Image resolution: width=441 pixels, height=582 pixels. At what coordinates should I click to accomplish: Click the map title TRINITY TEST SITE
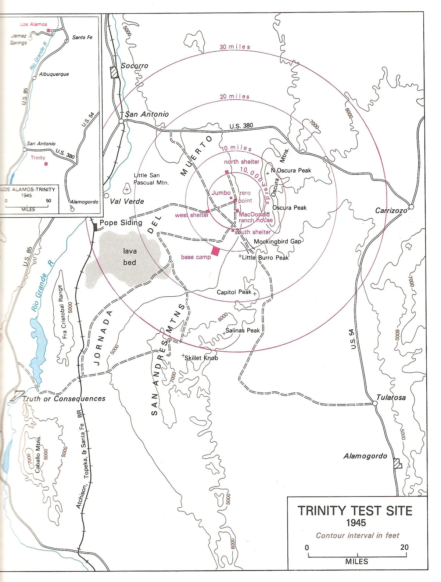[355, 511]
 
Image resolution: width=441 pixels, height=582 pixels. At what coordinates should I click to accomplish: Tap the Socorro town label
[135, 66]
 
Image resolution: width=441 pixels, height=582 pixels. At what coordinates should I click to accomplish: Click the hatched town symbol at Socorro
[115, 72]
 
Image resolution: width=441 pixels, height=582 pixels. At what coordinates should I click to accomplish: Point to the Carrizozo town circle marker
[412, 207]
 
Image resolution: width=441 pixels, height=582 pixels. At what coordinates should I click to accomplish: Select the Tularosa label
[391, 397]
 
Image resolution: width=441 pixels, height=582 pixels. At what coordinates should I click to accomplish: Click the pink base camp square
[215, 251]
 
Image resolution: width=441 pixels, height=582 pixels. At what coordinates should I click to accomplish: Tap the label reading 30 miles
[235, 47]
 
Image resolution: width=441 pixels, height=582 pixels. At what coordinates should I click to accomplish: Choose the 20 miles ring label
[234, 97]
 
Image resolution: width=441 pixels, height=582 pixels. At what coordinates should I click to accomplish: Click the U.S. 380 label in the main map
[241, 126]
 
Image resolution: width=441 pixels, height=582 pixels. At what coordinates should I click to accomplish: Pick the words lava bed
[130, 257]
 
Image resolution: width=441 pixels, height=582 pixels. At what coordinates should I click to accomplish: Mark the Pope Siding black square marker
[95, 227]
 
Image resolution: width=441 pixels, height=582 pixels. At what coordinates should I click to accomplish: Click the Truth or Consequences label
[64, 398]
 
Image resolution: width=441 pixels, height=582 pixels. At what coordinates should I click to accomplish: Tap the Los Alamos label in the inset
[33, 24]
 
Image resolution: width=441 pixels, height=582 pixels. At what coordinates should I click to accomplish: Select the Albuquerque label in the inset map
[54, 74]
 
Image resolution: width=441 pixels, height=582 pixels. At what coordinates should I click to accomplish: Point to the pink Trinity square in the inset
[46, 164]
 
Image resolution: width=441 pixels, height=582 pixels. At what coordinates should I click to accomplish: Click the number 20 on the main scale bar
[404, 547]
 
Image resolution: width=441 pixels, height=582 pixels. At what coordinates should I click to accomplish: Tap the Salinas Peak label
[243, 330]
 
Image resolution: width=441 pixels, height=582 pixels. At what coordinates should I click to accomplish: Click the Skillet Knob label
[201, 358]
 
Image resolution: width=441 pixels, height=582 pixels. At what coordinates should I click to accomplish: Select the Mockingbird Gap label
[277, 242]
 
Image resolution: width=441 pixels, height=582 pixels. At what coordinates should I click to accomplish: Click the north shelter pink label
[241, 162]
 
